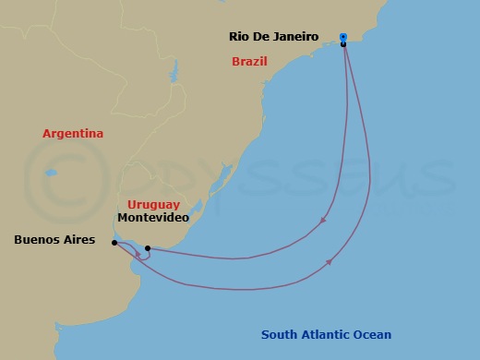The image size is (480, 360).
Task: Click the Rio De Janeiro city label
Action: pos(274,37)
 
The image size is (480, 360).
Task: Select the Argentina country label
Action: pos(73,134)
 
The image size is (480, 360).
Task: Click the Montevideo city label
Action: pos(153,218)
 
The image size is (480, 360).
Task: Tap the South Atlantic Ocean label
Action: pos(326,335)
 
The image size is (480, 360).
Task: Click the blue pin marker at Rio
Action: pos(342,37)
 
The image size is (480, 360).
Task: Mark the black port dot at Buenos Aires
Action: pos(114,244)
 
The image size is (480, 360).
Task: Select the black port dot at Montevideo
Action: pos(148,248)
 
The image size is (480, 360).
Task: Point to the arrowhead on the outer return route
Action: pos(330,263)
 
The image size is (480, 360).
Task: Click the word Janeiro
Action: pos(295,37)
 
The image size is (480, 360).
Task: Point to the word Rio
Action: pos(239,37)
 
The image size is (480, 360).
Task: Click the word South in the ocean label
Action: pos(278,335)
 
